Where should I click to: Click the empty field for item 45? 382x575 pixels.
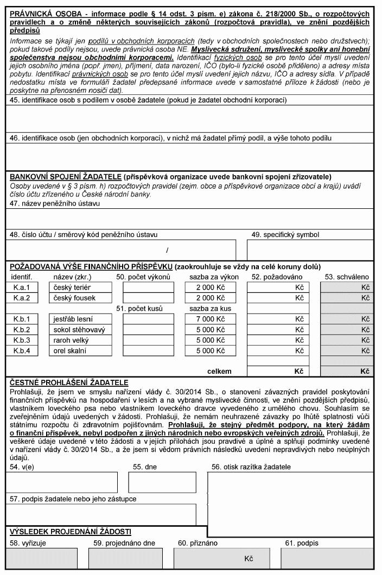pyautogui.click(x=190, y=118)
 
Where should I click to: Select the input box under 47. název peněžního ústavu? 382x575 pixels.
pyautogui.click(x=190, y=218)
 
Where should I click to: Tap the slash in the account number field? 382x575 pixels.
pyautogui.click(x=167, y=250)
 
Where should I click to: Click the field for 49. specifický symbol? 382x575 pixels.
pyautogui.click(x=310, y=250)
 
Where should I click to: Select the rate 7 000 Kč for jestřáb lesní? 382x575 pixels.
pyautogui.click(x=211, y=319)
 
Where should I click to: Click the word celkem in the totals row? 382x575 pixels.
pyautogui.click(x=219, y=372)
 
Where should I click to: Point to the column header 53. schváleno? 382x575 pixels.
pyautogui.click(x=347, y=277)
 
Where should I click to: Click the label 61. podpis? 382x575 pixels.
pyautogui.click(x=302, y=542)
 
